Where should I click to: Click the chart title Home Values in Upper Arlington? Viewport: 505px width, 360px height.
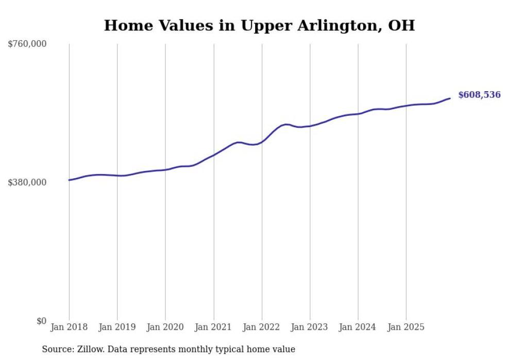click(x=259, y=25)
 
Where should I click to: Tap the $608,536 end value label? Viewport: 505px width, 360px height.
click(x=479, y=95)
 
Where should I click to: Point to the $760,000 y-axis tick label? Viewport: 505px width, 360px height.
click(x=27, y=44)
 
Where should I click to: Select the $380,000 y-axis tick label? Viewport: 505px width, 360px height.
click(x=27, y=182)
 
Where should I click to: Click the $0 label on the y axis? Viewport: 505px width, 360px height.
click(x=41, y=321)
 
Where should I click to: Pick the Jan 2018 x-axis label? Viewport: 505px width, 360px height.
click(x=69, y=327)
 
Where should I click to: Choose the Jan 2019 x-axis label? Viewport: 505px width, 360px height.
click(x=117, y=327)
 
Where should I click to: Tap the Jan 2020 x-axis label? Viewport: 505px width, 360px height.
click(x=165, y=327)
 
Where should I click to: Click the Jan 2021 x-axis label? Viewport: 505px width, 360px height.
click(x=213, y=327)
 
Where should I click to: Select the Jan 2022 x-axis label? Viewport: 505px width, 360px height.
click(x=262, y=327)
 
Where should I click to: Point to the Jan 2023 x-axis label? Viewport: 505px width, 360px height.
click(x=310, y=327)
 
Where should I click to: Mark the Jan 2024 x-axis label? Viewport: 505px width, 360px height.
click(x=358, y=327)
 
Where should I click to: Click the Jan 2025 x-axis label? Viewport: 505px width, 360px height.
click(x=406, y=327)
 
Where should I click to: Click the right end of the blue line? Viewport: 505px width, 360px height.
click(x=450, y=98)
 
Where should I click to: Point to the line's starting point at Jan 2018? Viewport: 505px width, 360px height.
click(x=69, y=180)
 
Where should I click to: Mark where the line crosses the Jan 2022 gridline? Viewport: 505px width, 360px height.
click(x=262, y=141)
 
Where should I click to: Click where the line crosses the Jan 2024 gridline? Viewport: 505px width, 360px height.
click(x=358, y=113)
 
